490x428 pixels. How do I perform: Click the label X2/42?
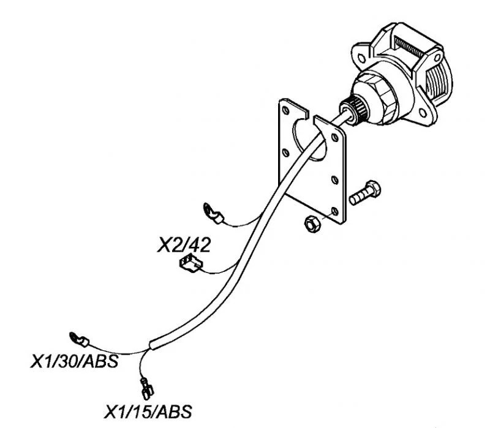click(184, 246)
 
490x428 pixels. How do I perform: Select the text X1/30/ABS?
click(74, 360)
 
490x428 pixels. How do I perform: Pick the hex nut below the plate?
click(311, 225)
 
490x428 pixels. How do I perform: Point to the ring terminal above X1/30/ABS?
click(78, 336)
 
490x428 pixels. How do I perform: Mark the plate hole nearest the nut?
click(334, 210)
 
